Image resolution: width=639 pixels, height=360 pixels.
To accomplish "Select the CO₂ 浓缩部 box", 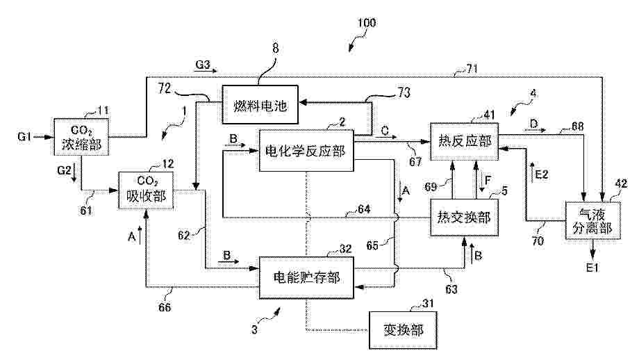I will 81,138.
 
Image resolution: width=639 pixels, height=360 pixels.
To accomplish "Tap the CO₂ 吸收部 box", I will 146,189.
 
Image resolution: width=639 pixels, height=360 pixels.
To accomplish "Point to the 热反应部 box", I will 465,142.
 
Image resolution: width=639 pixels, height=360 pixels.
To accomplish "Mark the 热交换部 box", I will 465,218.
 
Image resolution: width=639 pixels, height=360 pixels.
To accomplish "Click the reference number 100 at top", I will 365,22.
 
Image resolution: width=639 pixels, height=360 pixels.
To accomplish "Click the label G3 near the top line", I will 202,65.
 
